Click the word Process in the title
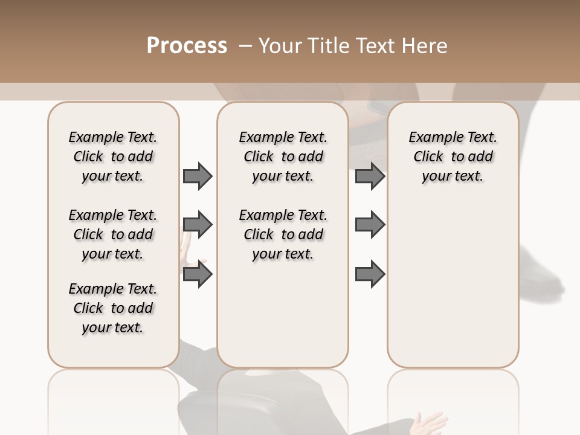187,46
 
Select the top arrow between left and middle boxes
198,176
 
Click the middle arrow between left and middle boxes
198,225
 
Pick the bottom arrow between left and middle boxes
198,274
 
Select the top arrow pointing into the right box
370,176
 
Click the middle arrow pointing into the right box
370,225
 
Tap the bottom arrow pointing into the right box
370,274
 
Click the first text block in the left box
113,156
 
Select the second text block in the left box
113,234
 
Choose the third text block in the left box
113,308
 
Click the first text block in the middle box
283,156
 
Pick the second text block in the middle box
283,234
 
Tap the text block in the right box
453,156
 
